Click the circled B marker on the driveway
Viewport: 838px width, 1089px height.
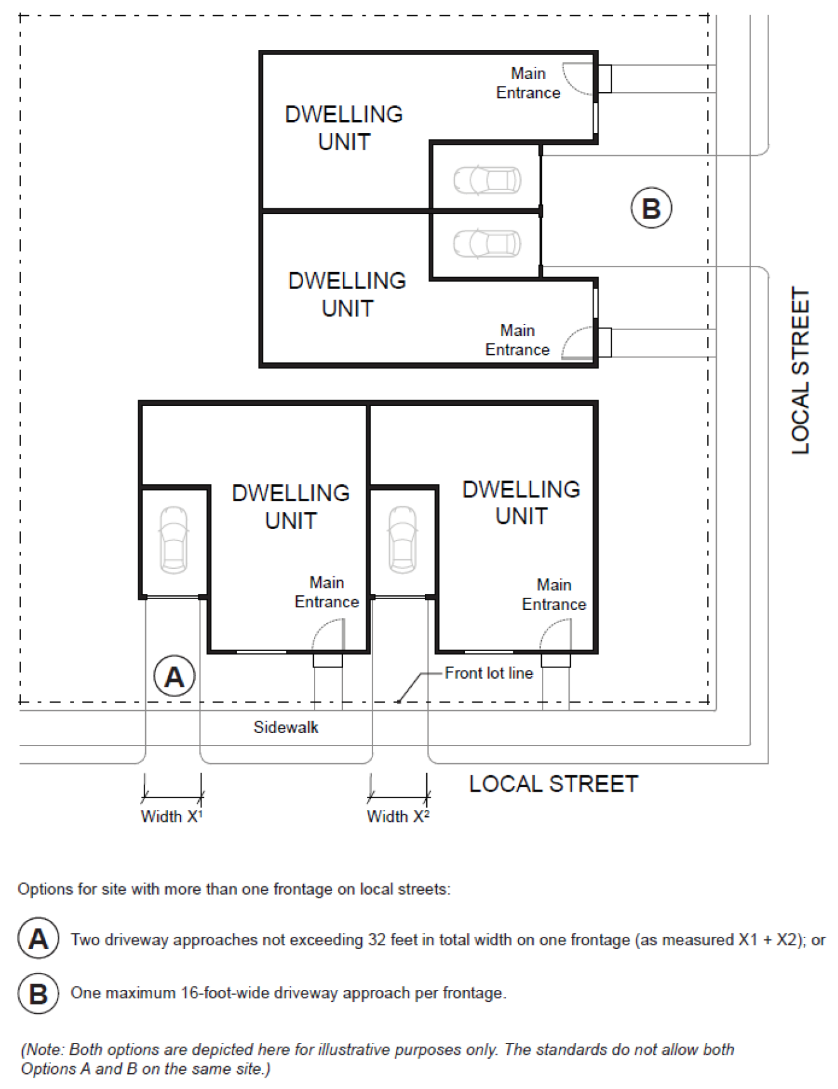651,208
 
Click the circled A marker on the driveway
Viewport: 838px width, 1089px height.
174,676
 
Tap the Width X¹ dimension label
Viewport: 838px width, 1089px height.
172,816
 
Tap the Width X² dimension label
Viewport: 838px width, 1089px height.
398,816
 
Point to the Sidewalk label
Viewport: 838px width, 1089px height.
286,727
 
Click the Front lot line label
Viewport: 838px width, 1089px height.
489,673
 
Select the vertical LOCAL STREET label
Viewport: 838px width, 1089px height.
800,371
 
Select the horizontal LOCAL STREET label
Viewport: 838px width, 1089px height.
554,784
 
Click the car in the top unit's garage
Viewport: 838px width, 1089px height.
488,180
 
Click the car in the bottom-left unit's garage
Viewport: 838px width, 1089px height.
174,540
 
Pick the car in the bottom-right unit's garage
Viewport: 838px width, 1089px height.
402,540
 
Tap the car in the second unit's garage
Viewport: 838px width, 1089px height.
488,244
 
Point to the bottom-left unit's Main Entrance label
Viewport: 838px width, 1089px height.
326,592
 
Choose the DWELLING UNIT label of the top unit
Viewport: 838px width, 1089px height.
344,128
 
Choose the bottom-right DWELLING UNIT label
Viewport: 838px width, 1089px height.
521,503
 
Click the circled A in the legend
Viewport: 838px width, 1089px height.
39,939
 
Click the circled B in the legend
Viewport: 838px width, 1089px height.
39,994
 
